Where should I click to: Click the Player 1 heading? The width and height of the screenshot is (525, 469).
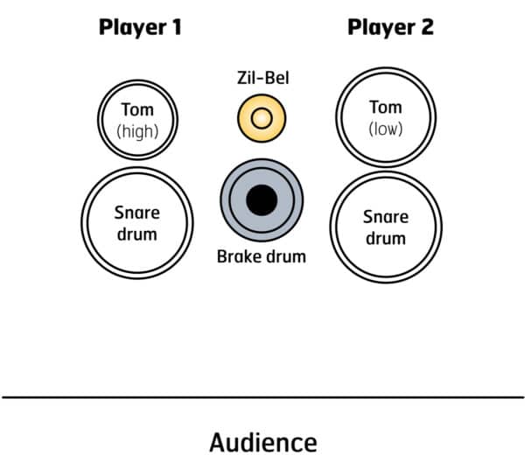[x=140, y=27]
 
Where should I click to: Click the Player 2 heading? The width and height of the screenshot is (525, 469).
[x=390, y=27]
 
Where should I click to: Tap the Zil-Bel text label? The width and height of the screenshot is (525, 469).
[x=262, y=79]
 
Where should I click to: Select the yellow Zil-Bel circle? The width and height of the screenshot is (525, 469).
[x=250, y=117]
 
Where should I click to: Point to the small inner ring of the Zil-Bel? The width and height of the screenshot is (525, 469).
[x=262, y=117]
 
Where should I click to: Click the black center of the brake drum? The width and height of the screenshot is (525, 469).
[x=261, y=200]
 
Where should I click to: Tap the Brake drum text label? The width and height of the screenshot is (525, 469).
[x=262, y=257]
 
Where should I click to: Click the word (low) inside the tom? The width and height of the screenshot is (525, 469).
[x=385, y=129]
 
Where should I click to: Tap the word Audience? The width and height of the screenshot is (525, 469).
[x=262, y=442]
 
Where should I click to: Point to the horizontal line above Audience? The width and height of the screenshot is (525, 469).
[x=262, y=397]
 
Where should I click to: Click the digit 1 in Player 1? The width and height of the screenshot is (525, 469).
[x=176, y=27]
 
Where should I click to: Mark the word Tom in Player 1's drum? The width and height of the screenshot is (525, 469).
[x=137, y=109]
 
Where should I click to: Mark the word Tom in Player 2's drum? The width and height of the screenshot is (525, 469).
[x=385, y=108]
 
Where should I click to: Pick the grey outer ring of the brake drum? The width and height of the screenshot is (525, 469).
[x=229, y=200]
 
